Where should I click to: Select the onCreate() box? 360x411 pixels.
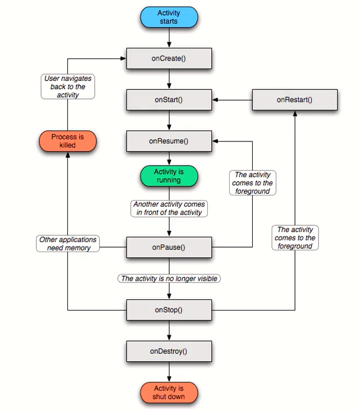click(x=168, y=58)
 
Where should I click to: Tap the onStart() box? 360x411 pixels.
click(x=168, y=99)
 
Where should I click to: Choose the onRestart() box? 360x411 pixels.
click(x=294, y=99)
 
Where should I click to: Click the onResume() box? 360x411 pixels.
click(x=168, y=141)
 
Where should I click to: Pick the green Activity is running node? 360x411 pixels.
click(x=168, y=176)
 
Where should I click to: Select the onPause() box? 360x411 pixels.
click(x=168, y=246)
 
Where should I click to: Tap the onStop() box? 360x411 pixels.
click(x=168, y=309)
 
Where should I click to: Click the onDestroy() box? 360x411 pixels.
click(x=168, y=351)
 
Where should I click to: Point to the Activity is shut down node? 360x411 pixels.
click(x=168, y=392)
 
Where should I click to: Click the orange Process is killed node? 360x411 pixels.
click(x=67, y=141)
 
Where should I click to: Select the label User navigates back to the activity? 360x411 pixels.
click(x=68, y=87)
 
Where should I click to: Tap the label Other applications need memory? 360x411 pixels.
click(x=68, y=244)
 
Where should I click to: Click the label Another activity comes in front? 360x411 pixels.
click(x=169, y=208)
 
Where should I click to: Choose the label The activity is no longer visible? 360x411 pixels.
click(x=169, y=278)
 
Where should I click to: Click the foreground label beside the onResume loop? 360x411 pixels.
click(x=252, y=183)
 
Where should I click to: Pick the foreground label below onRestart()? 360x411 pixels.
click(x=295, y=238)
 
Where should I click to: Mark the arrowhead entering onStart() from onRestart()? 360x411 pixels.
click(x=215, y=100)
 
